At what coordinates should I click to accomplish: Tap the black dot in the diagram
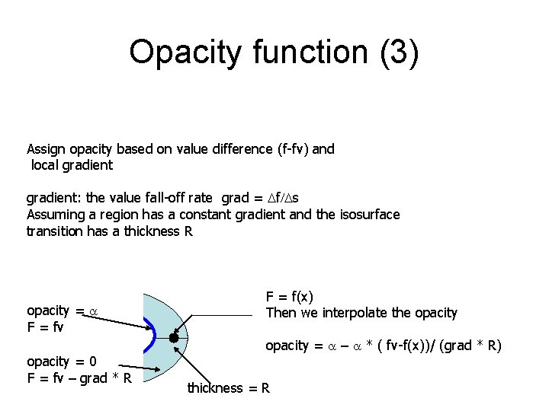point(174,337)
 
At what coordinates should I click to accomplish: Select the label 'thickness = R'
point(229,388)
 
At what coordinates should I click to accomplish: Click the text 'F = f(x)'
point(289,297)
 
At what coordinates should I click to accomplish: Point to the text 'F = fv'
point(45,327)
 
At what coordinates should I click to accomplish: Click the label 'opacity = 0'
point(61,361)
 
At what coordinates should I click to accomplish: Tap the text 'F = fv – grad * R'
point(79,378)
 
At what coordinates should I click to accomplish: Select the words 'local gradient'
point(72,165)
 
